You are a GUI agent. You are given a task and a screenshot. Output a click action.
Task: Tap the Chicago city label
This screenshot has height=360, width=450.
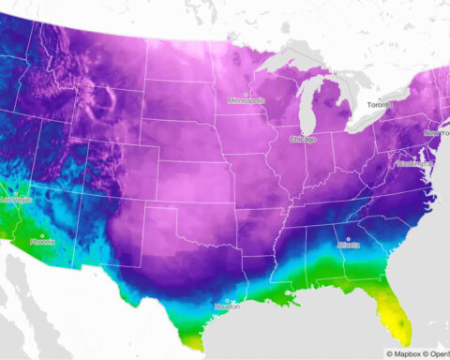(304, 139)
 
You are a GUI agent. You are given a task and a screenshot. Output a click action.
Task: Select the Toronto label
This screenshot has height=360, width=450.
(382, 107)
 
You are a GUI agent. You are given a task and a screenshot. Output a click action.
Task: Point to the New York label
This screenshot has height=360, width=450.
(437, 133)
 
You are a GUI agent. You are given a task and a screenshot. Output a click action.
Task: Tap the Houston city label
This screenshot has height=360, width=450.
(229, 307)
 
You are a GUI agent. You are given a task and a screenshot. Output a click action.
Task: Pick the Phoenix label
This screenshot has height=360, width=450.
(43, 241)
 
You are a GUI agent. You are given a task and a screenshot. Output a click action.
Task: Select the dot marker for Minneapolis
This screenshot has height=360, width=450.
(247, 94)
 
